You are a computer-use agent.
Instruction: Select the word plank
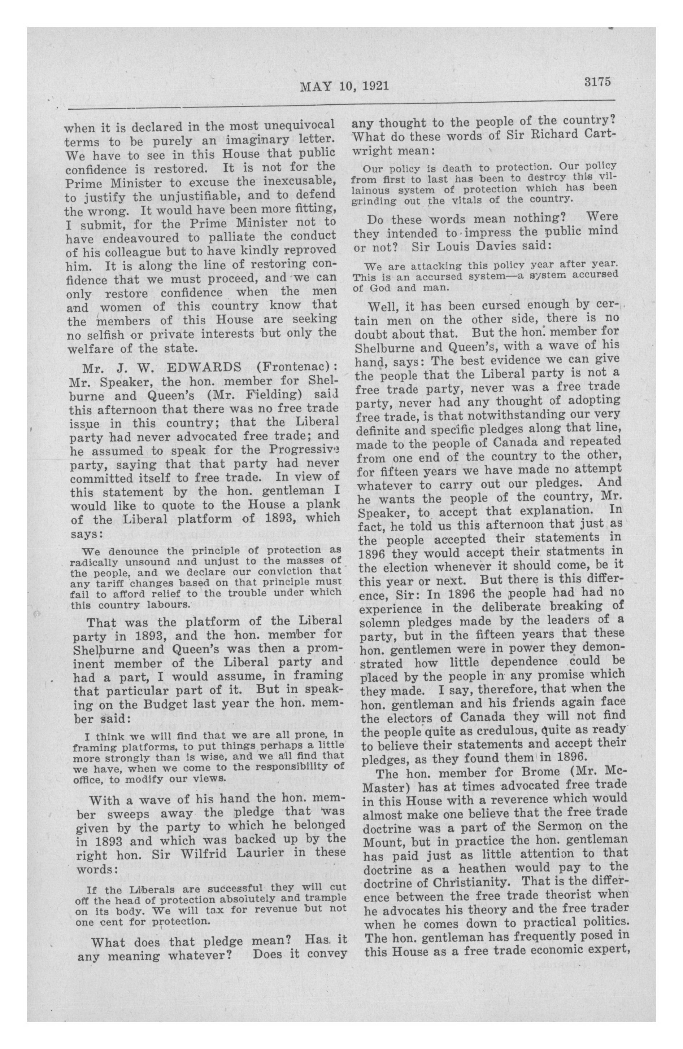coord(323,504)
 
